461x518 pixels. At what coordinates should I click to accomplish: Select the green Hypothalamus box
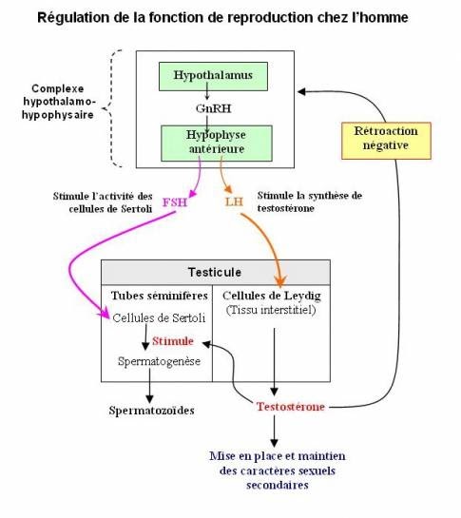pos(212,73)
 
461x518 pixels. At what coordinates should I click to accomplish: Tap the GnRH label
pos(212,108)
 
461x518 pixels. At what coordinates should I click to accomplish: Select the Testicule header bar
pos(216,271)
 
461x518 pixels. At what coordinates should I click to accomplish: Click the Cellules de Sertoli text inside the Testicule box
pos(156,317)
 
